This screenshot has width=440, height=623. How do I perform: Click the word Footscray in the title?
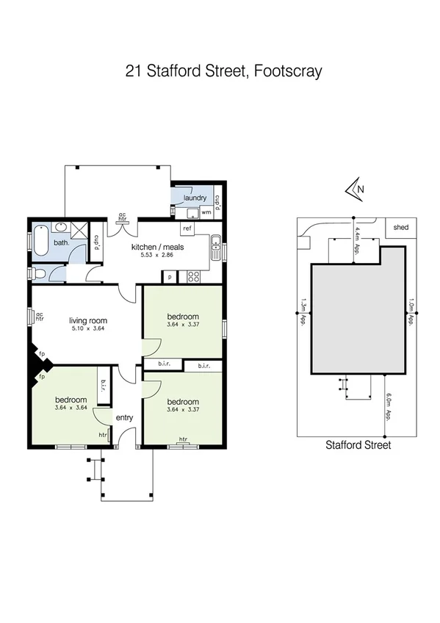click(287, 72)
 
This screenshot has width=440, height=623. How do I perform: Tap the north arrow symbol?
click(354, 190)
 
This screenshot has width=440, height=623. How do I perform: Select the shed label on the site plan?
click(402, 228)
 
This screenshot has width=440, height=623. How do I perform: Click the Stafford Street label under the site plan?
click(358, 444)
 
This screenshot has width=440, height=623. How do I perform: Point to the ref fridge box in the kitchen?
click(187, 228)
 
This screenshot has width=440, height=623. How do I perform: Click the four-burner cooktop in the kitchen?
click(195, 277)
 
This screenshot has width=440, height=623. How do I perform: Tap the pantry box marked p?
click(170, 277)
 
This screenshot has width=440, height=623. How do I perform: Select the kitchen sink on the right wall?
click(215, 247)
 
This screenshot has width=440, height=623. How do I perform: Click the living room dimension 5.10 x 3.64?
click(88, 328)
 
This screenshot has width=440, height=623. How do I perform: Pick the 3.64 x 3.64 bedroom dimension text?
click(71, 408)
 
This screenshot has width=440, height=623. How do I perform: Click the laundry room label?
click(194, 198)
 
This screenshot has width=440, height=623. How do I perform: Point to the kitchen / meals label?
click(157, 247)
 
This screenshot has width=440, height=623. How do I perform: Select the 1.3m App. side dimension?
click(303, 310)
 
